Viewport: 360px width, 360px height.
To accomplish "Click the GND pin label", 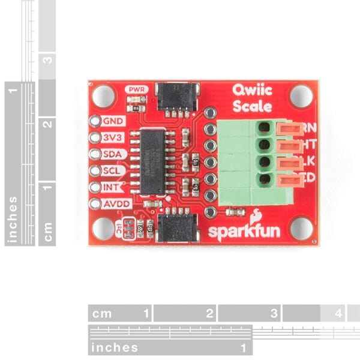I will pyautogui.click(x=113, y=121).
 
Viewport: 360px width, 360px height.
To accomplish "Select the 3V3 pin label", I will pyautogui.click(x=113, y=137).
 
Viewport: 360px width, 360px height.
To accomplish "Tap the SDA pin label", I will pyautogui.click(x=113, y=154).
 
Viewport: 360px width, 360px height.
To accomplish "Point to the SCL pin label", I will pyautogui.click(x=113, y=170).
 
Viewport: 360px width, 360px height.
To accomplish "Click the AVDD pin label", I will pyautogui.click(x=116, y=203).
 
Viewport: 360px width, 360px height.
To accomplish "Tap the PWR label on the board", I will pyautogui.click(x=136, y=89).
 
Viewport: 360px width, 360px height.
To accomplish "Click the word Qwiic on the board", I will pyautogui.click(x=252, y=92).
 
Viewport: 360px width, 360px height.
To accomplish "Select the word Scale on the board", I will pyautogui.click(x=253, y=107).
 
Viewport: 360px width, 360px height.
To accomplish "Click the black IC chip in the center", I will pyautogui.click(x=153, y=161).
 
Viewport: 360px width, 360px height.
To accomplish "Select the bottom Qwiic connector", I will pyautogui.click(x=176, y=227).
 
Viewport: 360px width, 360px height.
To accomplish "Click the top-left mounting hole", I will pyautogui.click(x=104, y=95).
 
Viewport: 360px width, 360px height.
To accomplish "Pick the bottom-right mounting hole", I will pyautogui.click(x=301, y=227).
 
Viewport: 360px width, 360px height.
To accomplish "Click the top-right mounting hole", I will pyautogui.click(x=301, y=95).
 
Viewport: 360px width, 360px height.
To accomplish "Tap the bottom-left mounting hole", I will pyautogui.click(x=104, y=228).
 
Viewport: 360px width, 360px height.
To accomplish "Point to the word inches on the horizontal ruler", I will pyautogui.click(x=114, y=347).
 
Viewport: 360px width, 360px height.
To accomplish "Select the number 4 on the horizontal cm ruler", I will pyautogui.click(x=338, y=313).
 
